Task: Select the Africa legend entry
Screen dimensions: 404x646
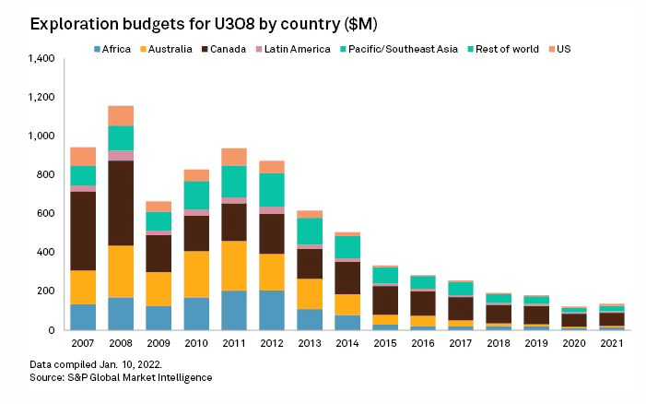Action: point(116,49)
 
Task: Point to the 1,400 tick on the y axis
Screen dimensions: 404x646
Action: point(41,59)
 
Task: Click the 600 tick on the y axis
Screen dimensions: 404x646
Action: point(47,214)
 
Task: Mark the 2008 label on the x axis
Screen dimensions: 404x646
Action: point(120,343)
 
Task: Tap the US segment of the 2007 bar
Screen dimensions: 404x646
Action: point(84,156)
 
